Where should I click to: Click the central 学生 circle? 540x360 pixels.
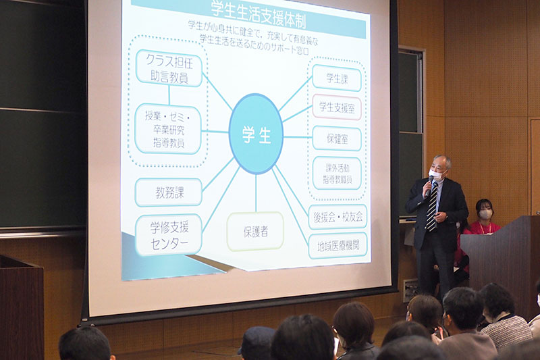[256, 134]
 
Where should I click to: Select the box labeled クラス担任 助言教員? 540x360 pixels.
[169, 68]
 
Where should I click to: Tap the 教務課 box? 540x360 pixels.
[168, 192]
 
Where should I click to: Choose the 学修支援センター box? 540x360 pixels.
[168, 235]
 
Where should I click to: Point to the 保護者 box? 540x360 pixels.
[256, 232]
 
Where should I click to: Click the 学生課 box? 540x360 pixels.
[336, 78]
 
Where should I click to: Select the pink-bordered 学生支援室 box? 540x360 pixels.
[336, 107]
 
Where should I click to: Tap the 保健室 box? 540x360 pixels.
[337, 138]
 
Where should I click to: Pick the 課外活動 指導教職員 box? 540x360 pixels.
[337, 174]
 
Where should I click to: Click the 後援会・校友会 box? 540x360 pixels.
[337, 217]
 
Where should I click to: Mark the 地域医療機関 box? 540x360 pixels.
[337, 246]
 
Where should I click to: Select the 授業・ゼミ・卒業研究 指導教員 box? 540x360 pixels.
[167, 129]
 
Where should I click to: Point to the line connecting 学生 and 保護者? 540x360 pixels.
[256, 193]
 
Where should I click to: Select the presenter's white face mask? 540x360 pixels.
[436, 174]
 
